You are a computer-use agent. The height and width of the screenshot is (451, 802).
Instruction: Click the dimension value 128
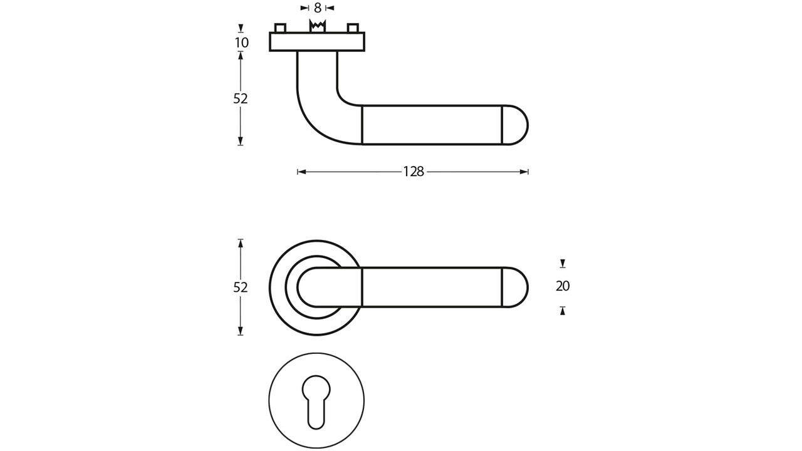pyautogui.click(x=414, y=172)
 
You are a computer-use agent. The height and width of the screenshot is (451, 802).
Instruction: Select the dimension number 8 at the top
pyautogui.click(x=318, y=8)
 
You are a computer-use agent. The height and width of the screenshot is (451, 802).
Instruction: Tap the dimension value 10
pyautogui.click(x=241, y=43)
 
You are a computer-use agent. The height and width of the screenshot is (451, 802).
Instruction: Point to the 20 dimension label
pyautogui.click(x=563, y=286)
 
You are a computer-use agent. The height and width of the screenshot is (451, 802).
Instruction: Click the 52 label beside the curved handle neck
pyautogui.click(x=241, y=98)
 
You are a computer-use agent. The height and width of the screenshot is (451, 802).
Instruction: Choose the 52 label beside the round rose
pyautogui.click(x=241, y=288)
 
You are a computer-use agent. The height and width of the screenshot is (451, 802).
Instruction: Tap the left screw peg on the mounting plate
pyautogui.click(x=280, y=28)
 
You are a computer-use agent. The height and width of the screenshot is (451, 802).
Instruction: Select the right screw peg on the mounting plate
pyautogui.click(x=353, y=28)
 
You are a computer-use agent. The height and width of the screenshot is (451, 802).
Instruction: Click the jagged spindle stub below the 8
pyautogui.click(x=318, y=26)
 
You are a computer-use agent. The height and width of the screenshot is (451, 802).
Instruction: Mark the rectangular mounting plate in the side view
pyautogui.click(x=317, y=41)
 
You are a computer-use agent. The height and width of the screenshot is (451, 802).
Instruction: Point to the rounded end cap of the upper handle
pyautogui.click(x=516, y=125)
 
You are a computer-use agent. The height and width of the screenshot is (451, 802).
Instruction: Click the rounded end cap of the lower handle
pyautogui.click(x=516, y=288)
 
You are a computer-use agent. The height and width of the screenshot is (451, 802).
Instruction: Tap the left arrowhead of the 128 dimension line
pyautogui.click(x=301, y=172)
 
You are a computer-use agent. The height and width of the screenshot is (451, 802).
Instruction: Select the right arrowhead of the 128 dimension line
pyautogui.click(x=525, y=172)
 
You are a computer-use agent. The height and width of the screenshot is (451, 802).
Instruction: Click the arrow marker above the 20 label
pyautogui.click(x=563, y=264)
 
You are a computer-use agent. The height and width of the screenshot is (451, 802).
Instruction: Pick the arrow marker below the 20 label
pyautogui.click(x=563, y=310)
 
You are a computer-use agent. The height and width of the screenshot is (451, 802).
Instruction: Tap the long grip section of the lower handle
pyautogui.click(x=432, y=288)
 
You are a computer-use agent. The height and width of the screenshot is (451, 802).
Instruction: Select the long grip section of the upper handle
pyautogui.click(x=432, y=125)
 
